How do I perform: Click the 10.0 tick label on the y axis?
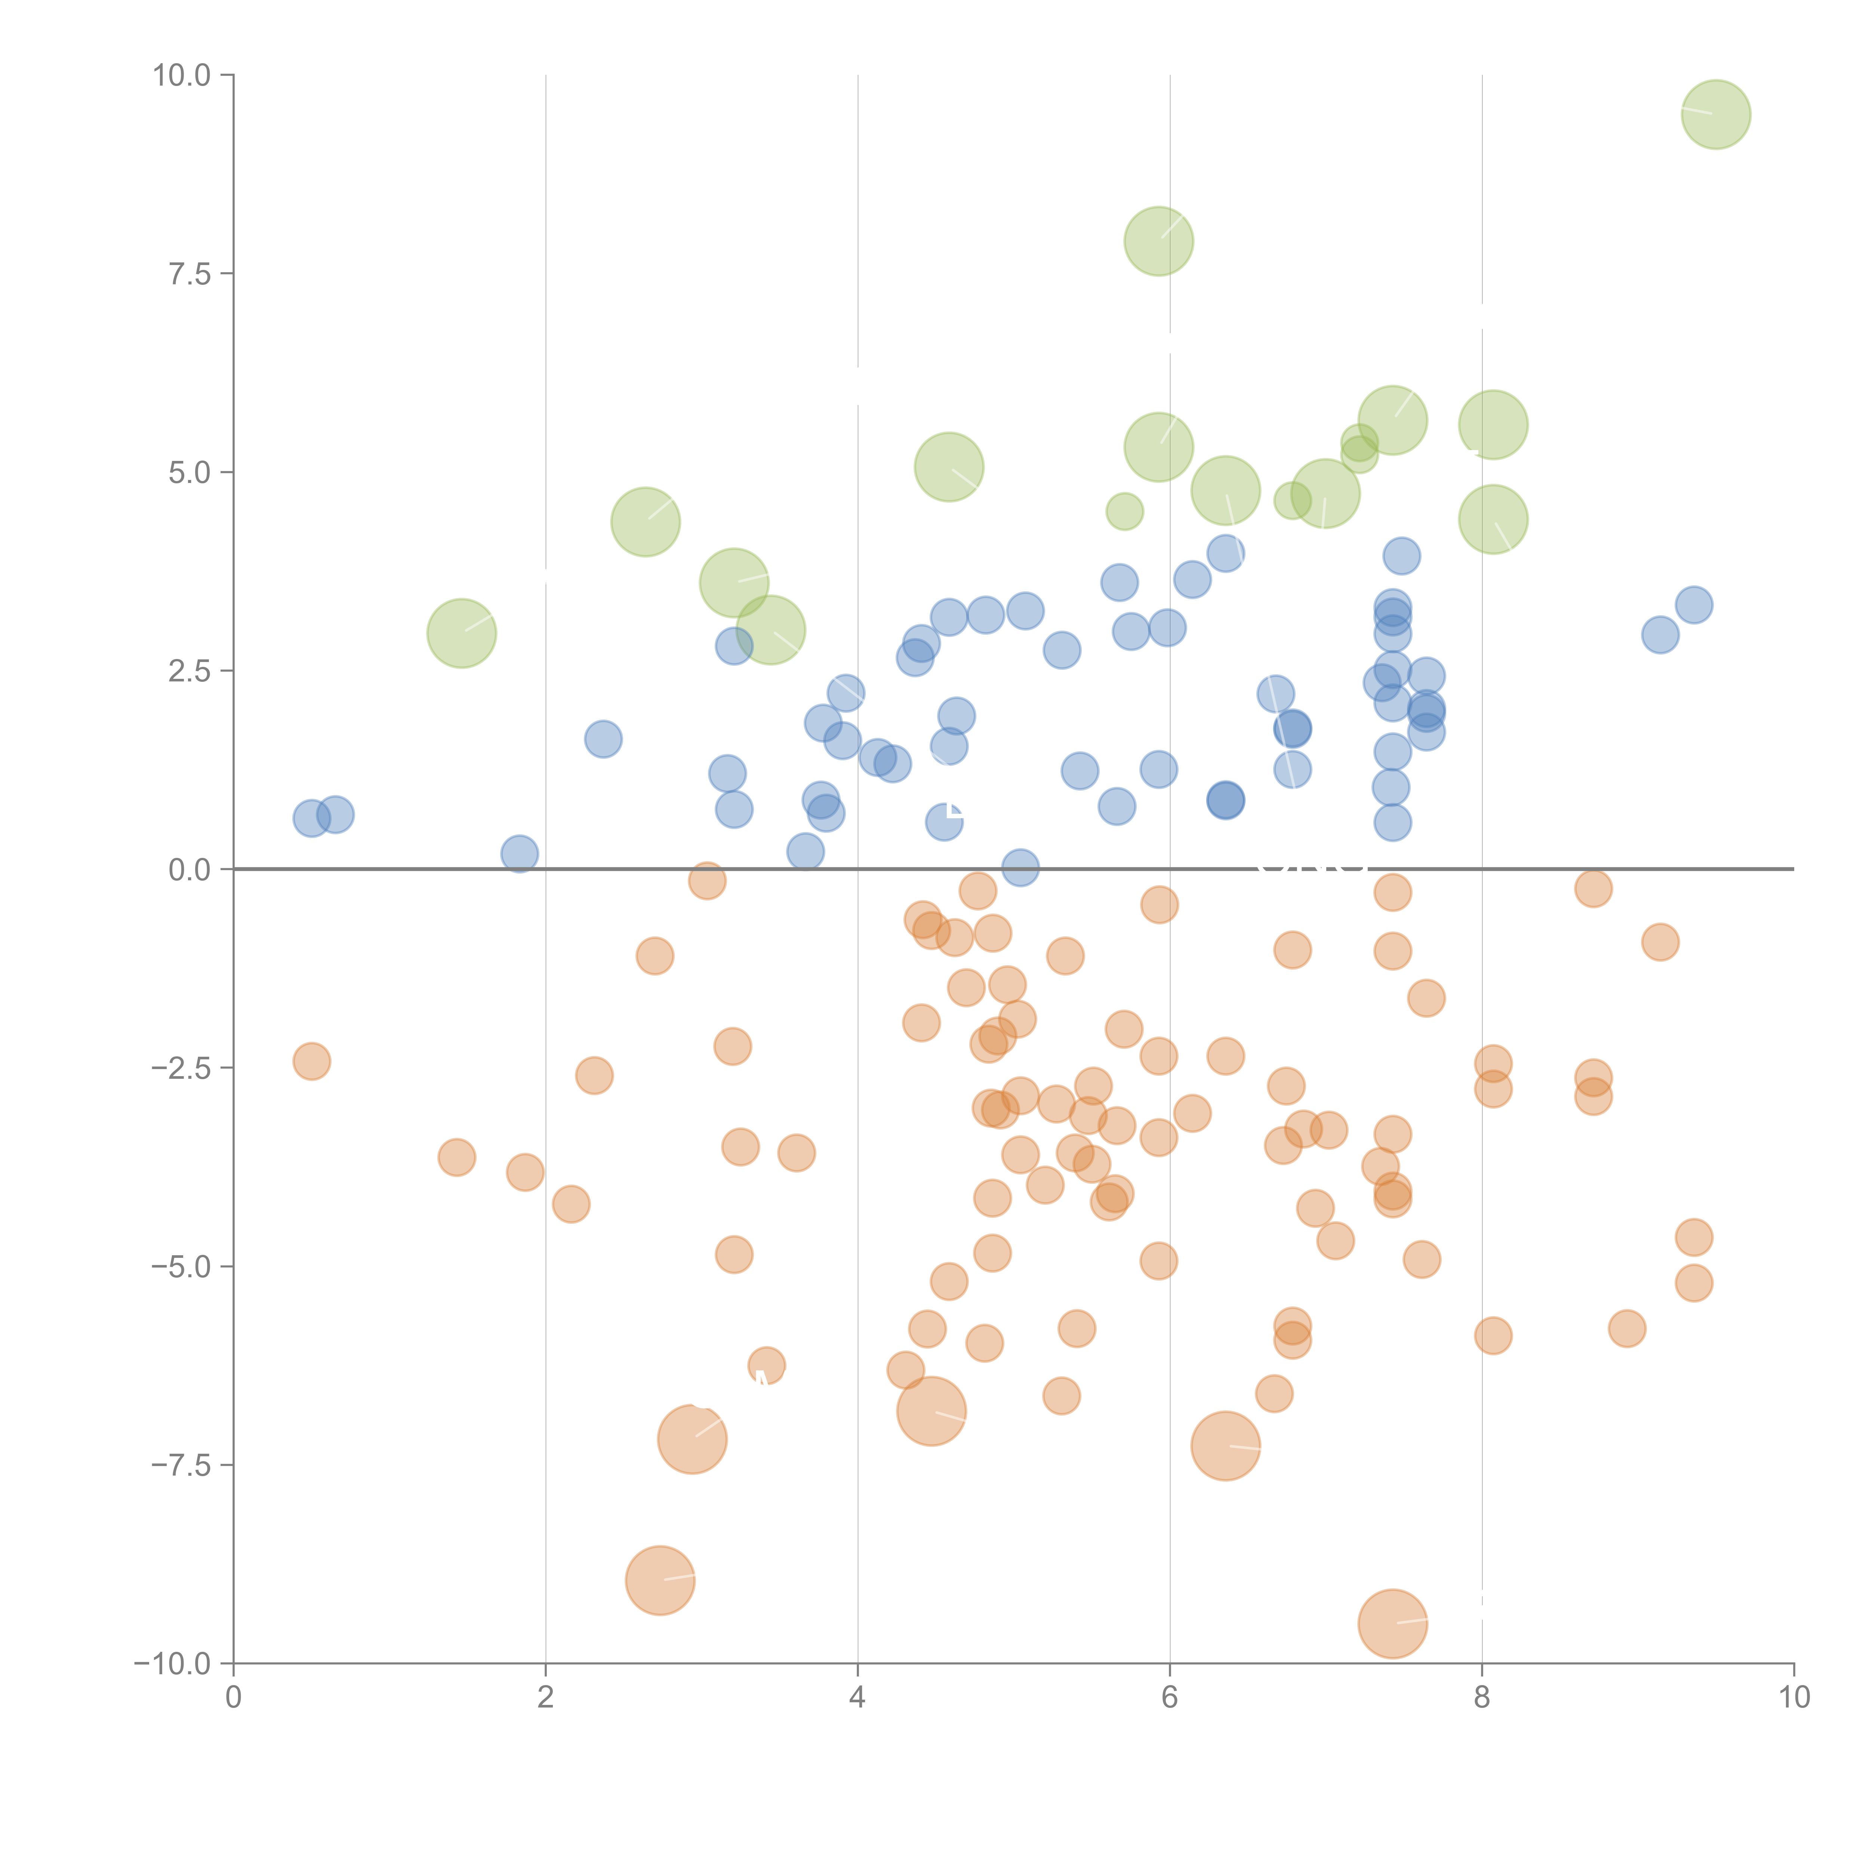pyautogui.click(x=181, y=76)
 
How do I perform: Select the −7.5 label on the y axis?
pyautogui.click(x=181, y=1465)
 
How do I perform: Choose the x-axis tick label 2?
pyautogui.click(x=546, y=1698)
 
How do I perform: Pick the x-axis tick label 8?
pyautogui.click(x=1482, y=1698)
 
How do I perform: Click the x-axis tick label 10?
pyautogui.click(x=1793, y=1698)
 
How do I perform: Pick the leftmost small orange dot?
pyautogui.click(x=311, y=1061)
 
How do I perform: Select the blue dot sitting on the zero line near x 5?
pyautogui.click(x=1020, y=868)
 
